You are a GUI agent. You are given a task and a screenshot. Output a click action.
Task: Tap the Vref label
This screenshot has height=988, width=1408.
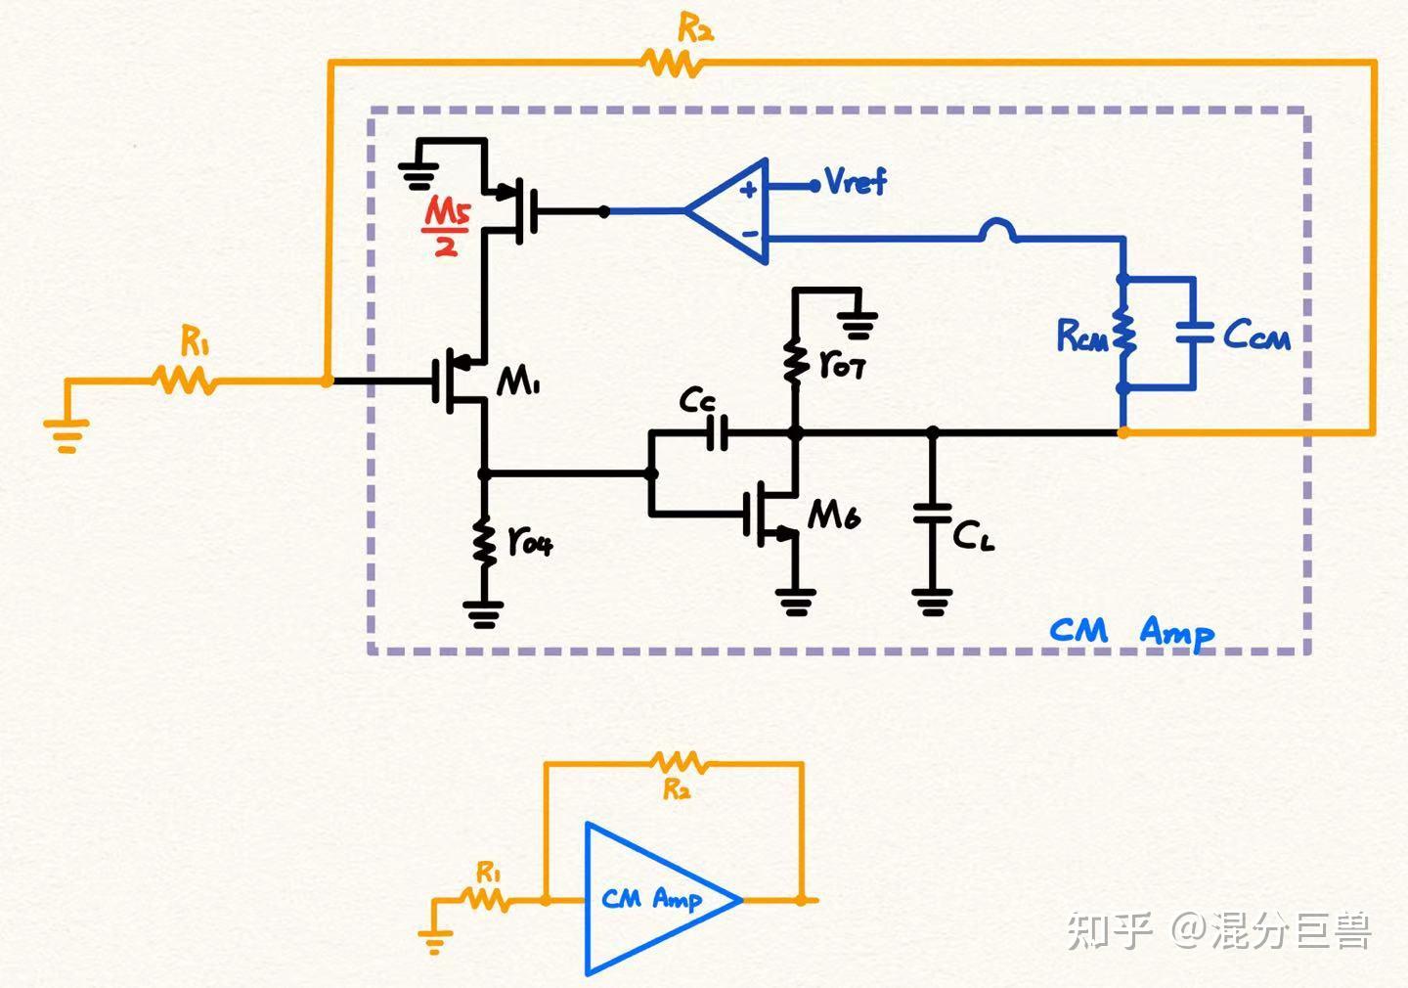pyautogui.click(x=855, y=182)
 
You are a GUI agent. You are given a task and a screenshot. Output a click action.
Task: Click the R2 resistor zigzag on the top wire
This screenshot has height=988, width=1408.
pyautogui.click(x=672, y=64)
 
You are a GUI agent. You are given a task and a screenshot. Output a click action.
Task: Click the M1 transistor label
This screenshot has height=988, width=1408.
pyautogui.click(x=518, y=382)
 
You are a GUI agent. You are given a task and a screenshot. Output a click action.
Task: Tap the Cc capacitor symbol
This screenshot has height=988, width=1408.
pyautogui.click(x=718, y=431)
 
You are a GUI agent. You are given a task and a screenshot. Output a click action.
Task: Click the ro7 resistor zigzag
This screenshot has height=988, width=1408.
pyautogui.click(x=795, y=361)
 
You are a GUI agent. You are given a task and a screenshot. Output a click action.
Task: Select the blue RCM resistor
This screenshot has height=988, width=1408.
pyautogui.click(x=1123, y=334)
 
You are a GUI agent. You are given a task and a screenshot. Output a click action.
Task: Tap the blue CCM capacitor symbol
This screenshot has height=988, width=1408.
pyautogui.click(x=1194, y=333)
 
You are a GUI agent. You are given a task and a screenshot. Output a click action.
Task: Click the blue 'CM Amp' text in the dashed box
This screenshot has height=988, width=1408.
pyautogui.click(x=1131, y=631)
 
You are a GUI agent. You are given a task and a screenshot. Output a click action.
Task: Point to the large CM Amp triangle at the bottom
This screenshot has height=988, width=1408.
pyautogui.click(x=655, y=898)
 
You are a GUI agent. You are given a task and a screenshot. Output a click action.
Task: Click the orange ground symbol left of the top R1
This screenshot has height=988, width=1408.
pyautogui.click(x=66, y=433)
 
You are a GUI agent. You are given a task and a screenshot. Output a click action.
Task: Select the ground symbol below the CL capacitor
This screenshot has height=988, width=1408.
pyautogui.click(x=932, y=602)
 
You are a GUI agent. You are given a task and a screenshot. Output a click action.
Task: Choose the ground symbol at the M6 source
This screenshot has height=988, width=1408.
pyautogui.click(x=796, y=602)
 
